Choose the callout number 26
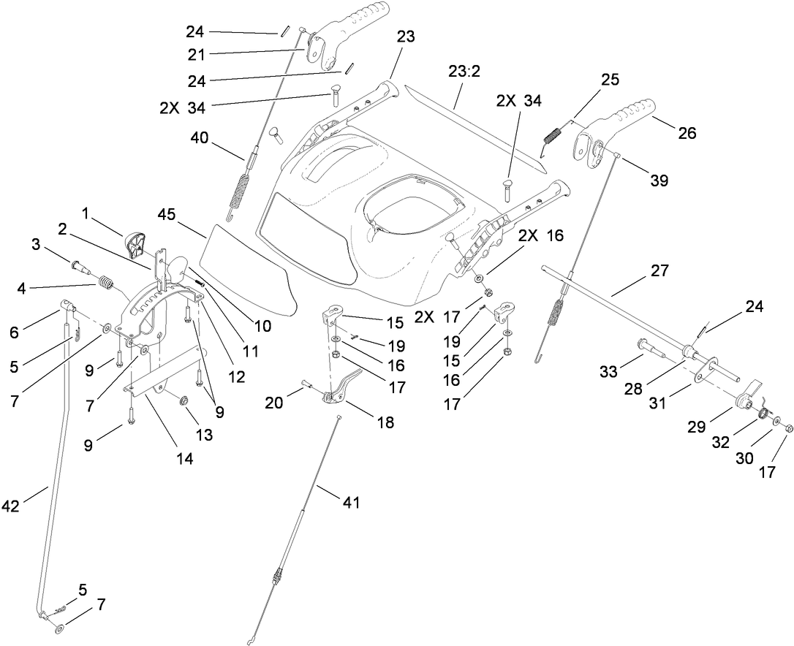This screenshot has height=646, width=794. pyautogui.click(x=687, y=132)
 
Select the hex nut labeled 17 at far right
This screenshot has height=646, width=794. pyautogui.click(x=787, y=425)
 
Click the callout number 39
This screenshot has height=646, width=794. pyautogui.click(x=659, y=181)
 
